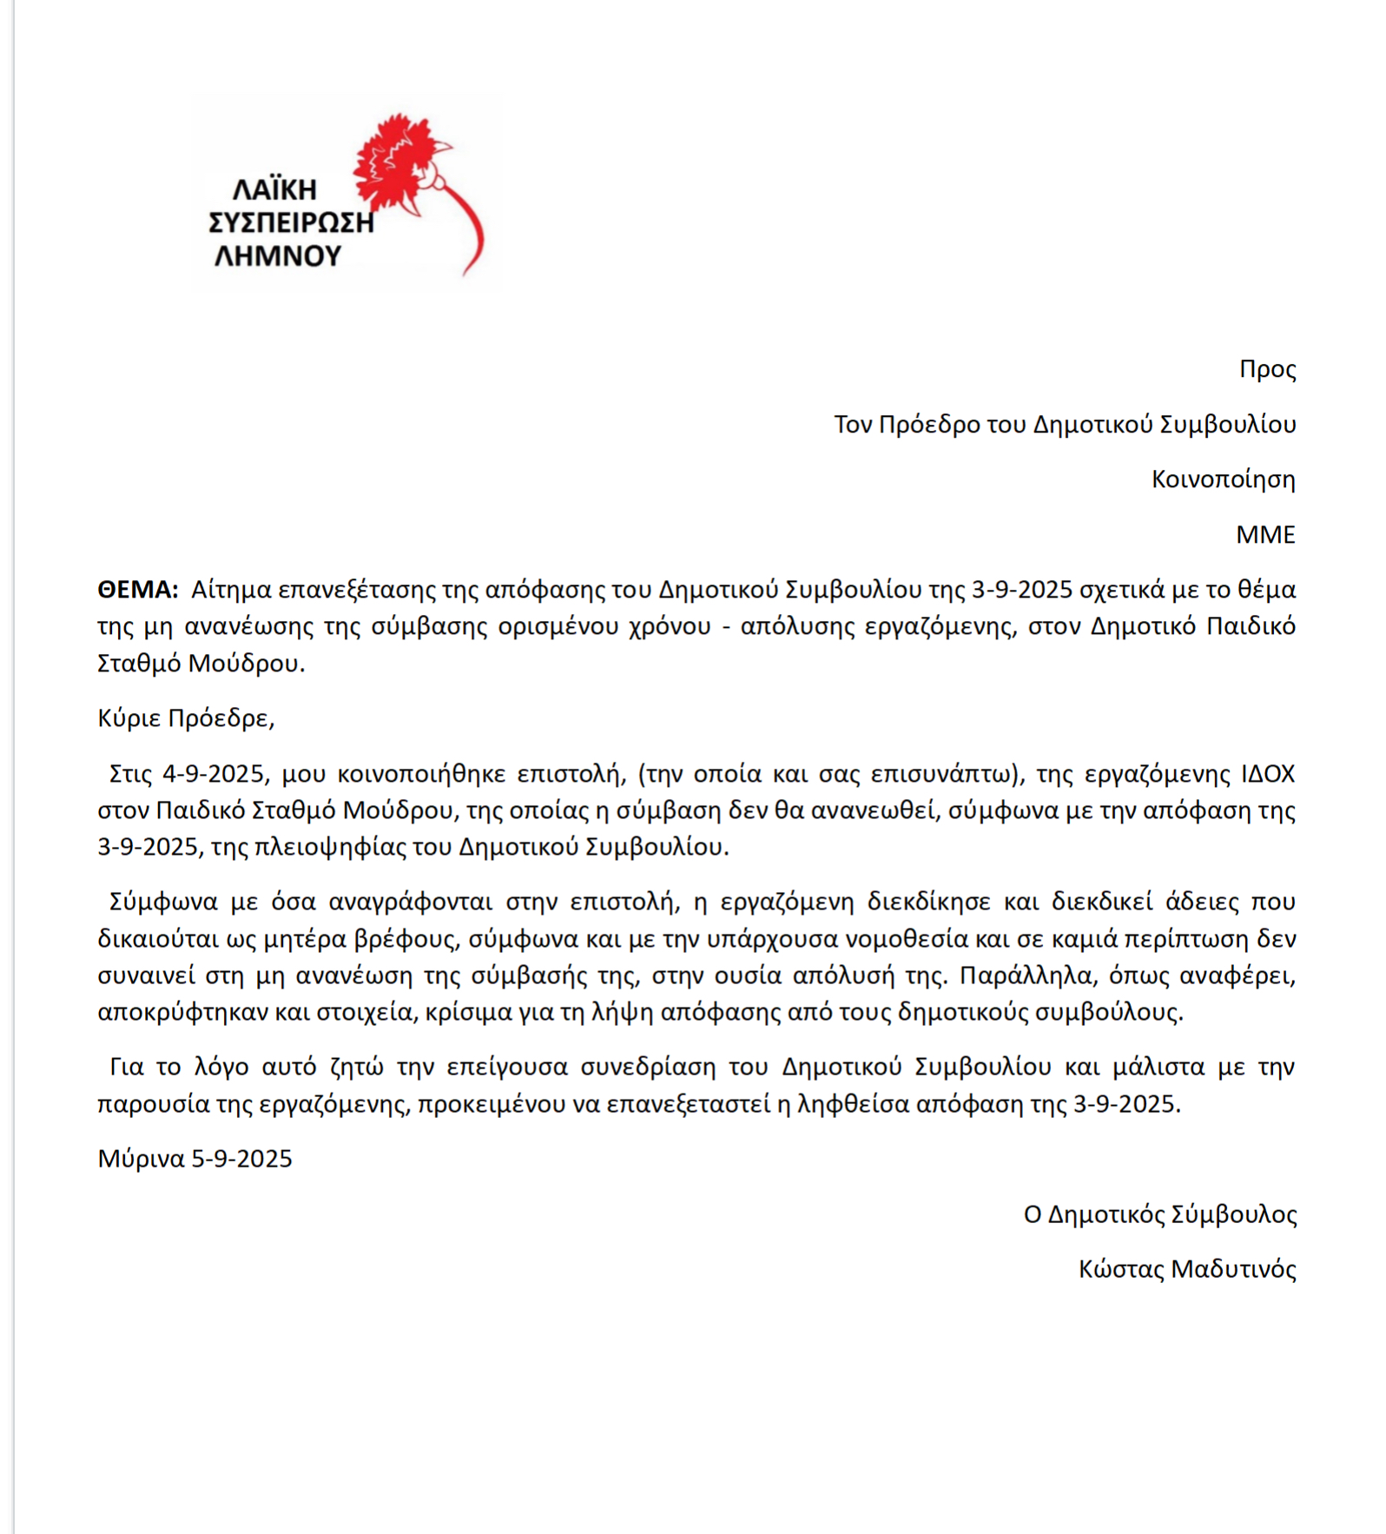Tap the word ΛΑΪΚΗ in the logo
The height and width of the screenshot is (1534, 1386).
[274, 189]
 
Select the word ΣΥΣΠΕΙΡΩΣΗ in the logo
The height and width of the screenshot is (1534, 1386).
[291, 222]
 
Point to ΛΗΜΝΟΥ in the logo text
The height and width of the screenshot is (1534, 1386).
[278, 255]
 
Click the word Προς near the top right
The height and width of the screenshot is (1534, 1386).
[1267, 369]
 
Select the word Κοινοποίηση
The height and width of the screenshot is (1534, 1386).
[1223, 479]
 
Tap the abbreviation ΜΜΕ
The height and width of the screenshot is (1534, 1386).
[1265, 534]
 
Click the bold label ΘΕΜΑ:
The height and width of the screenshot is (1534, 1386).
[137, 590]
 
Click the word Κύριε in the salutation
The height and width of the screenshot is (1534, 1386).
[129, 718]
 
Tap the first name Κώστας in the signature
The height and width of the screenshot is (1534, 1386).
[1120, 1269]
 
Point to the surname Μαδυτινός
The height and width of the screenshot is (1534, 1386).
[1233, 1269]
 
